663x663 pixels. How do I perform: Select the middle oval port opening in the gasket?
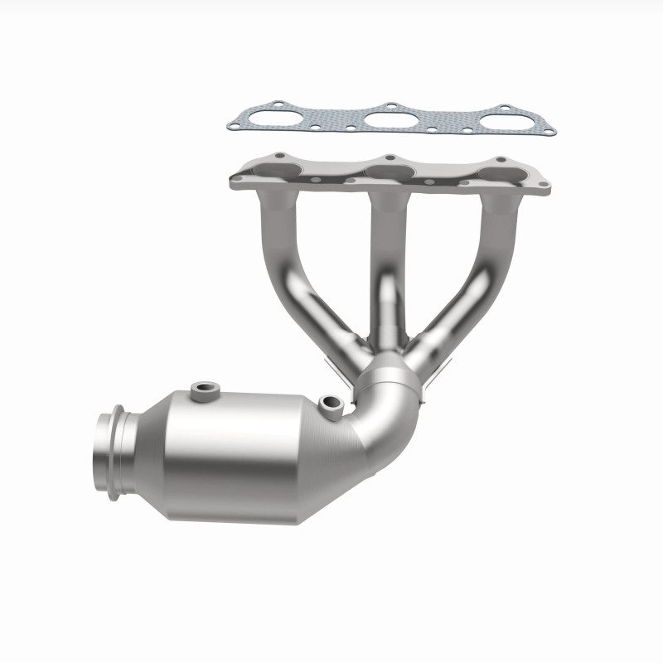[389, 118]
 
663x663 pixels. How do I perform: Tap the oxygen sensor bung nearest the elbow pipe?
[332, 404]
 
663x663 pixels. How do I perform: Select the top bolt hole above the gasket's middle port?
[388, 105]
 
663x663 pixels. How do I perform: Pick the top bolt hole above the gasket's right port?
[503, 107]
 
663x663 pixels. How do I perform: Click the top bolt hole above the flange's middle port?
[388, 156]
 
